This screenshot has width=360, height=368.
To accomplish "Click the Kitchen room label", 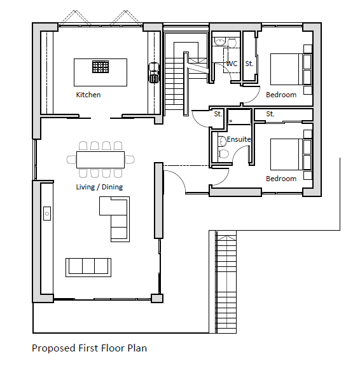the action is pyautogui.click(x=88, y=95).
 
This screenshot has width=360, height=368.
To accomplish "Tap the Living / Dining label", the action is pyautogui.click(x=99, y=187).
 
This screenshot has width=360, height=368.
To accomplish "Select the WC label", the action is pyautogui.click(x=232, y=64).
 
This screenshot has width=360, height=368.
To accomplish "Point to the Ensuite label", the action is pyautogui.click(x=239, y=139).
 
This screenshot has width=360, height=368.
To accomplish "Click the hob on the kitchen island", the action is pyautogui.click(x=100, y=67).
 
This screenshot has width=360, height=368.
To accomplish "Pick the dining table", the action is pyautogui.click(x=100, y=160).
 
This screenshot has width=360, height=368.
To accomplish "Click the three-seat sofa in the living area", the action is pyautogui.click(x=88, y=268).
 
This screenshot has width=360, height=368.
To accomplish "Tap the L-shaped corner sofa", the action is pyautogui.click(x=120, y=218).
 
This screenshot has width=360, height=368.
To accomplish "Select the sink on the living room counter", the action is pyautogui.click(x=47, y=214).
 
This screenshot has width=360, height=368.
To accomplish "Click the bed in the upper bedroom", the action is pyautogui.click(x=291, y=69).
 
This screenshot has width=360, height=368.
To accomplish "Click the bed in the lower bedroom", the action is pyautogui.click(x=291, y=154).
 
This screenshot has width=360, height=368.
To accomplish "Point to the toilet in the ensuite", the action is pyautogui.click(x=223, y=154).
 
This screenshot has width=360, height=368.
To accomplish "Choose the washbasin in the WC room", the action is pyautogui.click(x=220, y=42).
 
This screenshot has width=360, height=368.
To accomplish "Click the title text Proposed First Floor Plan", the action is pyautogui.click(x=89, y=348).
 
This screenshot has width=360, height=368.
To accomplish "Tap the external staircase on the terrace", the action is pyautogui.click(x=226, y=282).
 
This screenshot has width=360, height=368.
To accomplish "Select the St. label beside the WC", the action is pyautogui.click(x=249, y=64).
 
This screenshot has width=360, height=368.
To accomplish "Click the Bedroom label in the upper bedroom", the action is pyautogui.click(x=281, y=95).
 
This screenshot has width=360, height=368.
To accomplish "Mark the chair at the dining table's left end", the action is pyautogui.click(x=71, y=160).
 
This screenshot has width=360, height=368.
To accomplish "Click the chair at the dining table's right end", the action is pyautogui.click(x=130, y=160).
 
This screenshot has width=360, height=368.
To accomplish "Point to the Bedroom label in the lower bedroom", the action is pyautogui.click(x=281, y=179).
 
